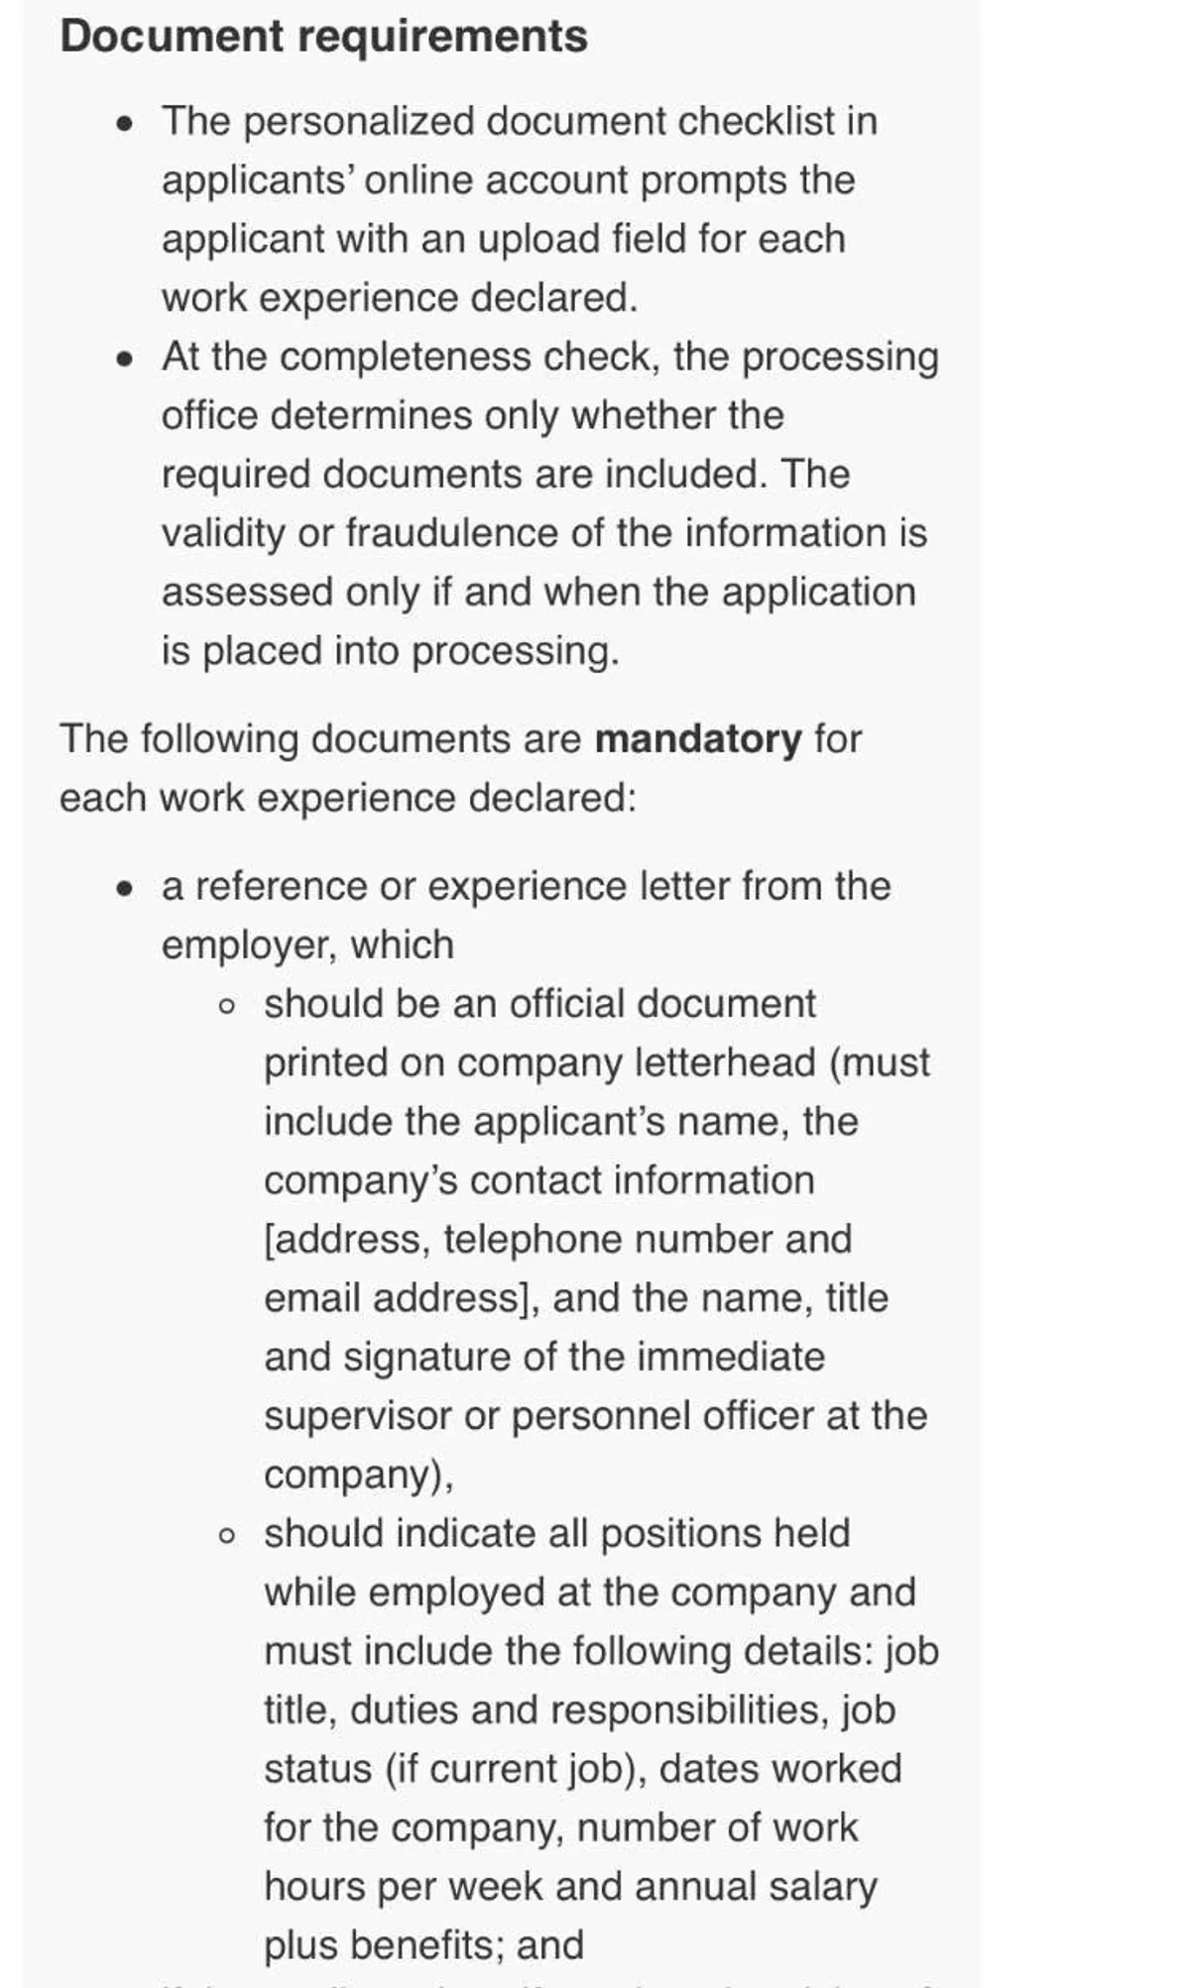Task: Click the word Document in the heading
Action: tap(172, 37)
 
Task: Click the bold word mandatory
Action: tap(698, 739)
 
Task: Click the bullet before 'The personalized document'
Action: tap(125, 124)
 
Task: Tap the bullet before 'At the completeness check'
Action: tap(125, 359)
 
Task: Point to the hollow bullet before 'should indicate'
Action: tap(227, 1536)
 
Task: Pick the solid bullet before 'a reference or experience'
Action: tap(125, 888)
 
